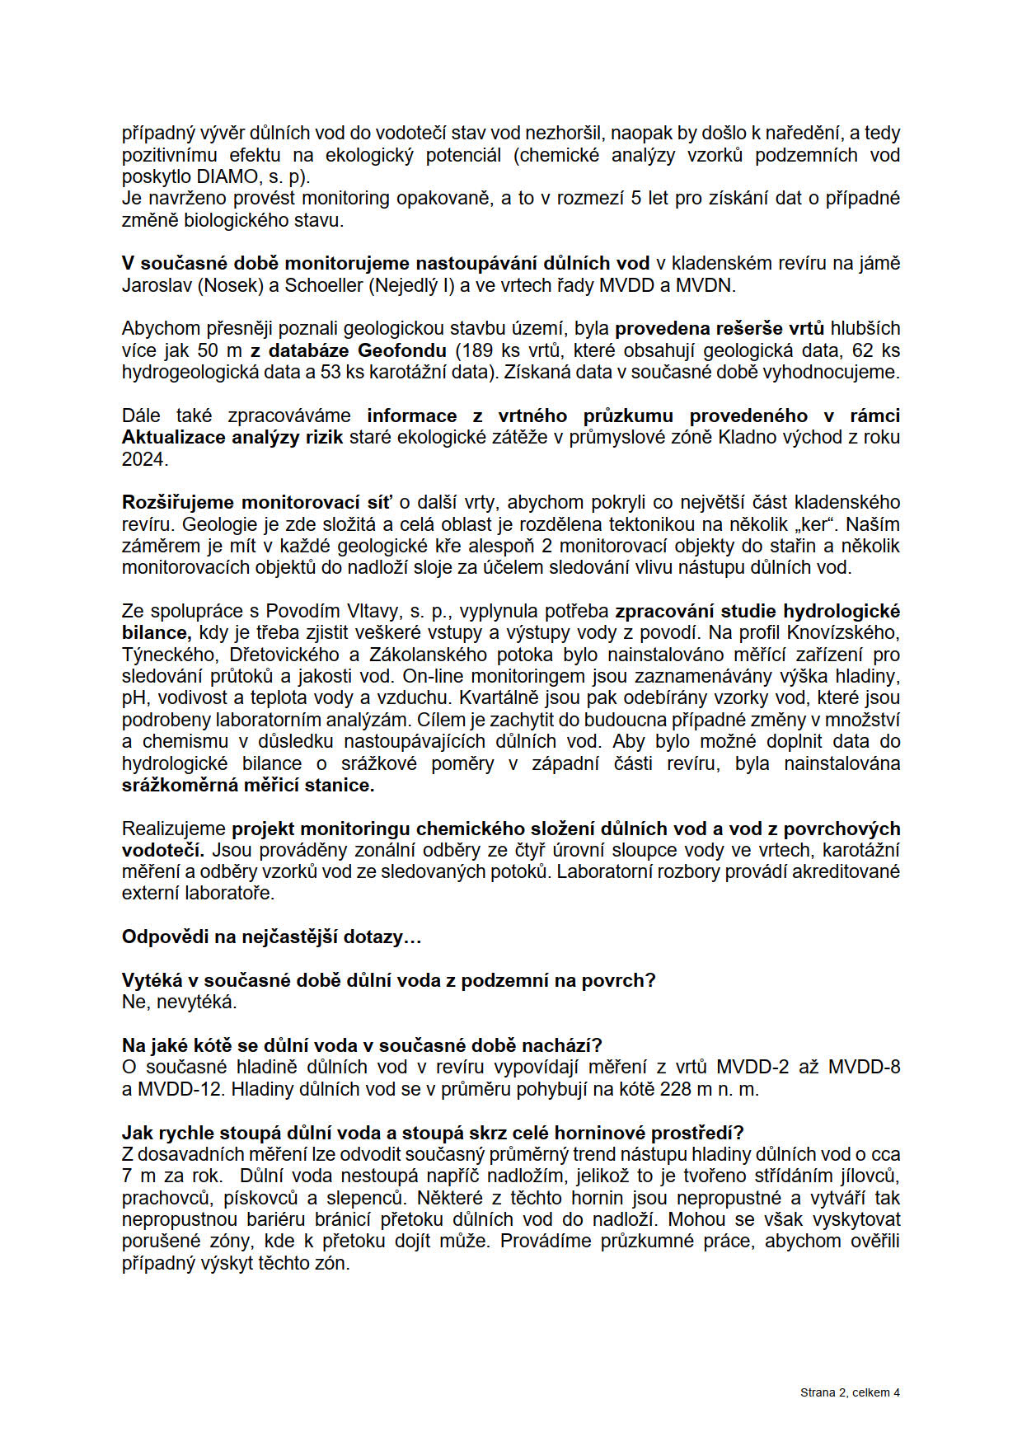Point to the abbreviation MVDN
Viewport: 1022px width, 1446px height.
coord(705,285)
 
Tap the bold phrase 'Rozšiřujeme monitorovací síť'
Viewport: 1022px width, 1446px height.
coord(257,502)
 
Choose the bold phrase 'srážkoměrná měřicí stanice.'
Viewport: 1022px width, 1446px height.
coord(248,785)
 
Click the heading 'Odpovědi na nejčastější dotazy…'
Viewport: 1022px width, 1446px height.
coord(272,937)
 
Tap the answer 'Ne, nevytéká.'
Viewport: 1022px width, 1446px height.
coord(180,1002)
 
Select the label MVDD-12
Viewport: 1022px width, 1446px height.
coord(180,1089)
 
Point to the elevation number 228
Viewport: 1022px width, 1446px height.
coord(676,1089)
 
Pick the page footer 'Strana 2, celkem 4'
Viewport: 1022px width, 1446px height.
coord(850,1392)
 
